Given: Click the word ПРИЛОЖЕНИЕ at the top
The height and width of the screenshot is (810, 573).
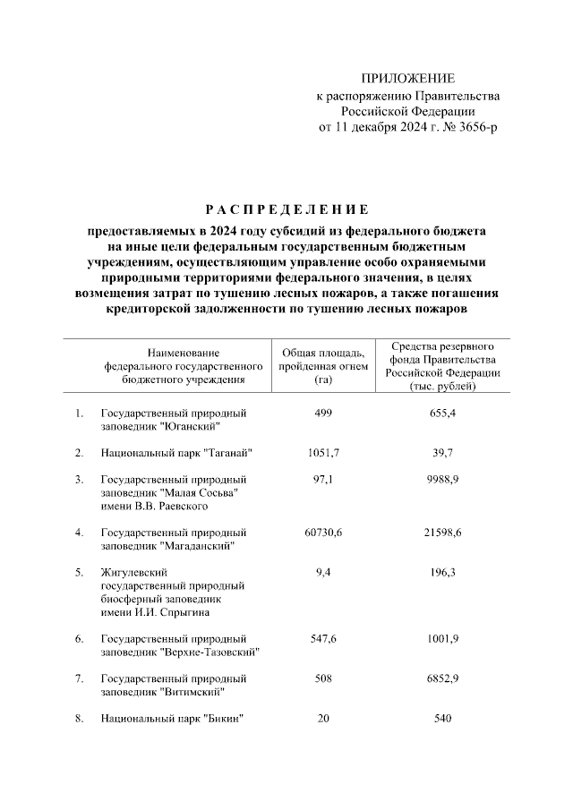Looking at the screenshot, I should click(407, 79).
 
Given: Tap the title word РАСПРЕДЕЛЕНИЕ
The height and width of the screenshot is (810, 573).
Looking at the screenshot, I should click(286, 210).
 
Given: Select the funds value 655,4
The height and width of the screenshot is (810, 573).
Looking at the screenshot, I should click(441, 413).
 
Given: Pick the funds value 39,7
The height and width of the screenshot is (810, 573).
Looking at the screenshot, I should click(441, 454).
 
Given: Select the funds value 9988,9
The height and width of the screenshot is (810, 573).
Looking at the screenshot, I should click(441, 481).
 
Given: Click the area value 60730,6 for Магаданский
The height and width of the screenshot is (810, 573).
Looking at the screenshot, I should click(317, 533).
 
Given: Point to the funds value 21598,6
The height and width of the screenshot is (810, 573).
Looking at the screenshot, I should click(441, 533).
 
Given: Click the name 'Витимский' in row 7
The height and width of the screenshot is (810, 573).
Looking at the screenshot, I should click(192, 692).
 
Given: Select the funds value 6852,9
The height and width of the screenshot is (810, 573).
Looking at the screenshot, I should click(441, 678).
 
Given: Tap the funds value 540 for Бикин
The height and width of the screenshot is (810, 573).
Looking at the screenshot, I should click(441, 719).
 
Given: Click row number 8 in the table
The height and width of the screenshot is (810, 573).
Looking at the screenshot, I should click(79, 719).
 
